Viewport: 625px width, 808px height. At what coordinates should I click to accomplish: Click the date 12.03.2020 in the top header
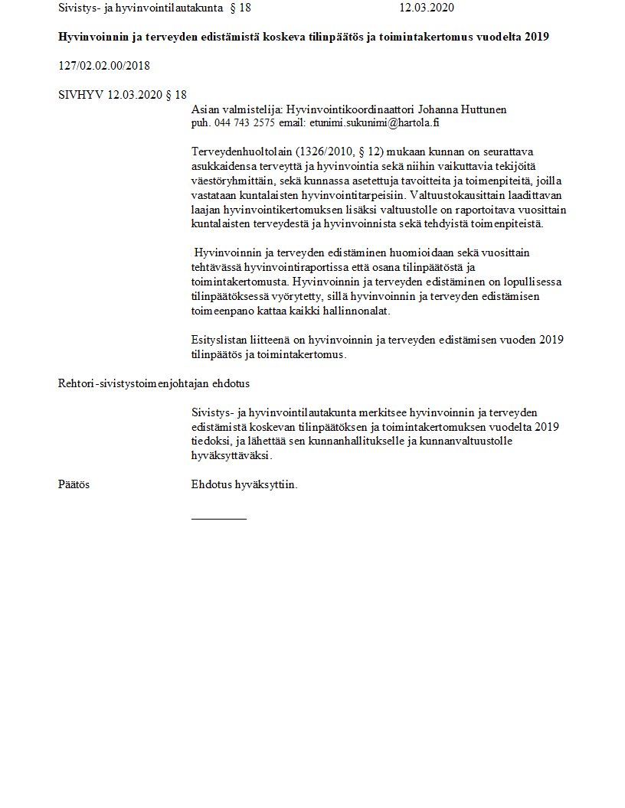427,8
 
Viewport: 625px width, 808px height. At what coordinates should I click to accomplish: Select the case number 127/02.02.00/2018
103,66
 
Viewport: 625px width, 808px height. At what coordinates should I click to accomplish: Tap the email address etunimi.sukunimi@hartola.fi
374,122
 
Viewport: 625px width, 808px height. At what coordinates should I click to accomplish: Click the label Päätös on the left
73,485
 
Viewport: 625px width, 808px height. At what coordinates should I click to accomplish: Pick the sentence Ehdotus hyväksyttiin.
244,485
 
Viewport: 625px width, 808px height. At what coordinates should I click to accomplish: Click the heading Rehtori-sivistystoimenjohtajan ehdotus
154,383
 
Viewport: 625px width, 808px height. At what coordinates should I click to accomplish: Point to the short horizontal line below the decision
219,519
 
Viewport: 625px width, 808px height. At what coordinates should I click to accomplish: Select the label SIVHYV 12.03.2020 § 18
122,95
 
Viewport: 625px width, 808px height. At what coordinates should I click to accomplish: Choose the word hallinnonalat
361,312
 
